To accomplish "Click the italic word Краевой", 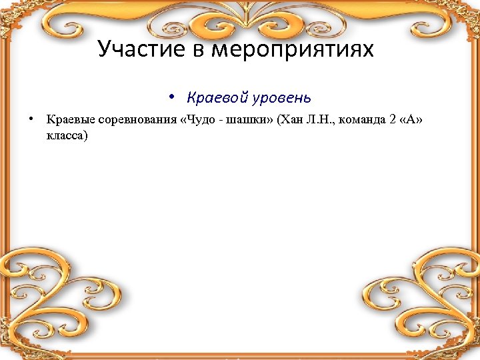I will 217,97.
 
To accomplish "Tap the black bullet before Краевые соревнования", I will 31,119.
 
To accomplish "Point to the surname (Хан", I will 291,120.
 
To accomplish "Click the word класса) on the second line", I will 67,135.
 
